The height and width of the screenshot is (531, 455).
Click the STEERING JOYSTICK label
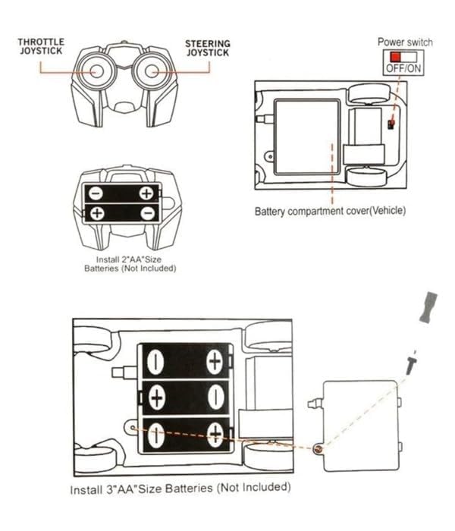[x=207, y=49]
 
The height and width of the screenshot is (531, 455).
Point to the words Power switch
[x=404, y=42]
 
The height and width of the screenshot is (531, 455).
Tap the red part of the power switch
[x=394, y=57]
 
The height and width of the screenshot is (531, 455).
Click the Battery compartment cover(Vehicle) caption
[x=330, y=211]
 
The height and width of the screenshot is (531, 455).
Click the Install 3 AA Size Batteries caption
[x=180, y=488]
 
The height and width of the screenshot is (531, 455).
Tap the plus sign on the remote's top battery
[x=146, y=193]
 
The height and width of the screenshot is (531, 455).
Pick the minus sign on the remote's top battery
[x=97, y=193]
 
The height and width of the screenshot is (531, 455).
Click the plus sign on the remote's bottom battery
[x=97, y=213]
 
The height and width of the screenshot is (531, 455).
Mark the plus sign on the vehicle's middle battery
[x=157, y=397]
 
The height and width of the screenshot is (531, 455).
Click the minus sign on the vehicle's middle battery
[x=215, y=397]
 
